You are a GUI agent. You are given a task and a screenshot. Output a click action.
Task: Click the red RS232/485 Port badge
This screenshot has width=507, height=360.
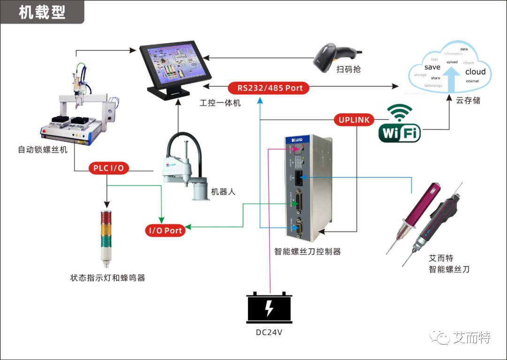tap(269, 88)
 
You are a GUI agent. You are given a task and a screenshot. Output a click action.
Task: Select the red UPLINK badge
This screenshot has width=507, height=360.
tap(354, 120)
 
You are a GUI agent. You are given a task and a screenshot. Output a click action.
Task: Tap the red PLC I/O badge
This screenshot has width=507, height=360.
tap(109, 168)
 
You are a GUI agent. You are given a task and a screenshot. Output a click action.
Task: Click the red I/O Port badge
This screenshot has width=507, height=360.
tap(165, 230)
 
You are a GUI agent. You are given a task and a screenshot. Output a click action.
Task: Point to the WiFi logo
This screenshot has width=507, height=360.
tap(399, 124)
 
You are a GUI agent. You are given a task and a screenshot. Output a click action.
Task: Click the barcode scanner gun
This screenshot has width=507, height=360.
tap(334, 55)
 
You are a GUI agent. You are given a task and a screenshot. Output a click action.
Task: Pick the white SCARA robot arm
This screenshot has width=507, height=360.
tap(185, 164)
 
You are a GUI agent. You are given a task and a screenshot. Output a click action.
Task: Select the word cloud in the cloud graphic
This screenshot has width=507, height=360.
tap(450, 68)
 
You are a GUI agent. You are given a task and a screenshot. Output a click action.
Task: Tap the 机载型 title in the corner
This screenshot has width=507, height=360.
tap(42, 12)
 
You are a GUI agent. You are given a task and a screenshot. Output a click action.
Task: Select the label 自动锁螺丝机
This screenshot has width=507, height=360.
tap(43, 150)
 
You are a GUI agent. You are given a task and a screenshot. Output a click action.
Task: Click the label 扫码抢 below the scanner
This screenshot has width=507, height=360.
tap(349, 69)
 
